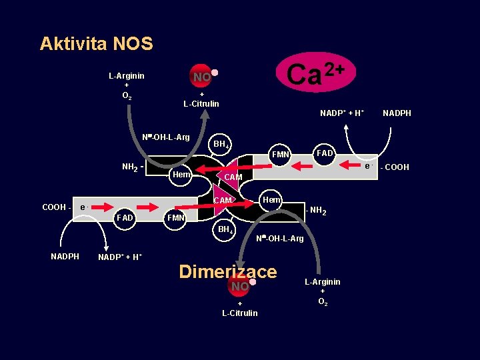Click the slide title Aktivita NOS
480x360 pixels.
click(x=96, y=44)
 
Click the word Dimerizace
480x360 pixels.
click(x=228, y=271)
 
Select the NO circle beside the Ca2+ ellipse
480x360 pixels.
click(x=202, y=77)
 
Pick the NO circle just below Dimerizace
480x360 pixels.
click(x=239, y=286)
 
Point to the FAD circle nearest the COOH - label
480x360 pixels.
click(x=125, y=217)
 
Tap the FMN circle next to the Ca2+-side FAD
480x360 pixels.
click(x=281, y=155)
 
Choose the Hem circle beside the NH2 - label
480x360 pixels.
click(x=181, y=175)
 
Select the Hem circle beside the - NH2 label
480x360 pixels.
click(x=271, y=199)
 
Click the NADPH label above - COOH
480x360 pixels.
click(x=397, y=113)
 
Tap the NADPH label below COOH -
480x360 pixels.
click(x=65, y=257)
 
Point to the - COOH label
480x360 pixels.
click(x=394, y=167)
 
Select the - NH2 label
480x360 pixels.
click(x=315, y=211)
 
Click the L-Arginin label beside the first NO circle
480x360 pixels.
click(x=127, y=76)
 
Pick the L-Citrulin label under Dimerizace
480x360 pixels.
click(x=239, y=313)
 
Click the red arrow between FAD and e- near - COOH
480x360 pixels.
click(x=343, y=164)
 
